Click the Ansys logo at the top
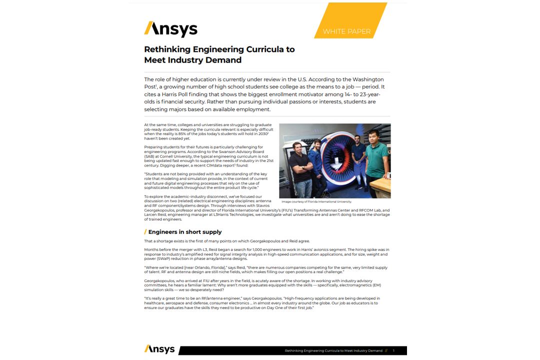[x=170, y=29]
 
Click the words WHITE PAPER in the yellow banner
[x=346, y=31]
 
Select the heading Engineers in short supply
[x=184, y=232]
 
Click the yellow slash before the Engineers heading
[x=145, y=232]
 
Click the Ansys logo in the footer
[x=159, y=349]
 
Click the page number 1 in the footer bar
[x=393, y=351]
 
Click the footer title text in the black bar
[x=333, y=351]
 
